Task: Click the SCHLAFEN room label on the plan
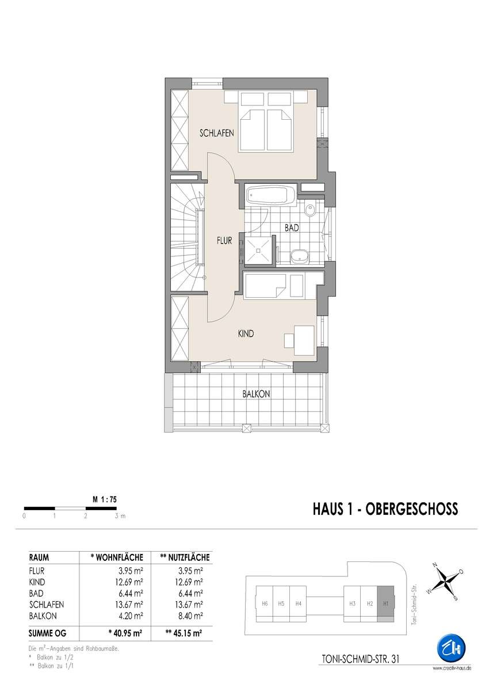pyautogui.click(x=216, y=133)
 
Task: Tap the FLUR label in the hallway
pyautogui.click(x=224, y=241)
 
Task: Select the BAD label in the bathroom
pyautogui.click(x=292, y=228)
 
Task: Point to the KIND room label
pyautogui.click(x=246, y=333)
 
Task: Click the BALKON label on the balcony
pyautogui.click(x=256, y=394)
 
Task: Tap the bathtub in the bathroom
pyautogui.click(x=270, y=195)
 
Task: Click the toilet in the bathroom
pyautogui.click(x=310, y=210)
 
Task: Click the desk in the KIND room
pyautogui.click(x=304, y=340)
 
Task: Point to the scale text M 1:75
pyautogui.click(x=105, y=499)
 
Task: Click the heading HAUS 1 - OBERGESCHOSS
pyautogui.click(x=385, y=509)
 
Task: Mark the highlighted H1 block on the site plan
pyautogui.click(x=385, y=603)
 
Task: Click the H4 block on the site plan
pyautogui.click(x=298, y=603)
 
